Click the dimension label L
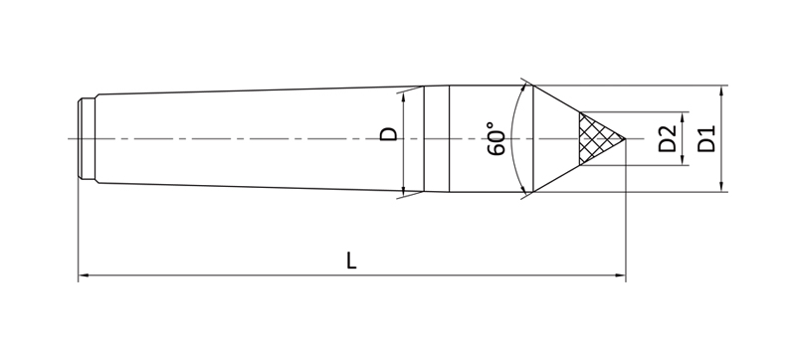tap(351, 261)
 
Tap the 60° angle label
tap(497, 138)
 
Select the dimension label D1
tap(705, 138)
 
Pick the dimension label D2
tap(667, 138)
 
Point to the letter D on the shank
tap(389, 134)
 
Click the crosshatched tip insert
tap(598, 138)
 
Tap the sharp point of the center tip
tap(626, 138)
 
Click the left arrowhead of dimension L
tap(84, 275)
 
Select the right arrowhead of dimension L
tap(620, 275)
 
